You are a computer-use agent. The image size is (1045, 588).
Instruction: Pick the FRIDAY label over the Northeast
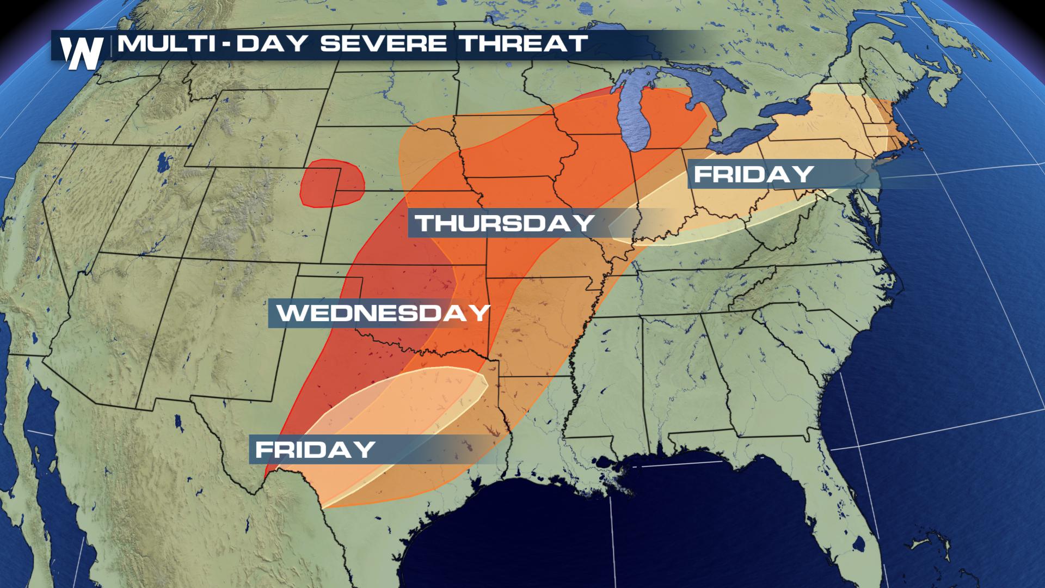(754, 174)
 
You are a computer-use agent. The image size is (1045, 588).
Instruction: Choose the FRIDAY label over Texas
(315, 450)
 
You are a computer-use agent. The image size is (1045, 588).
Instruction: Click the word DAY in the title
(270, 44)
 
